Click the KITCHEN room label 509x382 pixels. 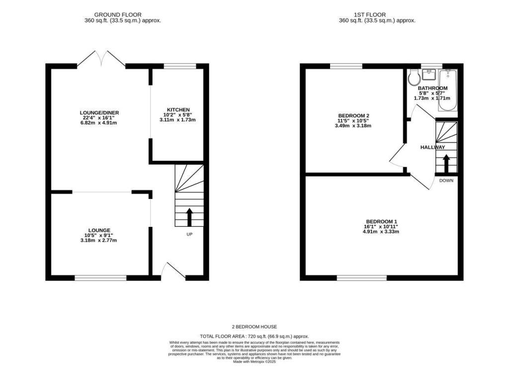[178, 109]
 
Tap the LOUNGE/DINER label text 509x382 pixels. [100, 112]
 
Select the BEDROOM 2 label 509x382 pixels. [353, 115]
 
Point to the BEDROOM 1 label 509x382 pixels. [382, 221]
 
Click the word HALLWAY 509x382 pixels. [432, 148]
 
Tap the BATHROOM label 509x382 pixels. [432, 88]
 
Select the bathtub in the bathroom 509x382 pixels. [448, 90]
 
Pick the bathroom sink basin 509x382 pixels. [428, 75]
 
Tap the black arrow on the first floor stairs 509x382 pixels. [446, 163]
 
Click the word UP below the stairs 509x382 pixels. [189, 234]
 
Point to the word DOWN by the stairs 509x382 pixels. [446, 181]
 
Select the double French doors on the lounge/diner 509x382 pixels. [101, 59]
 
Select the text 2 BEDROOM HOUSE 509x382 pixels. [254, 327]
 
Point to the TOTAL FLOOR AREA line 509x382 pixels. [254, 337]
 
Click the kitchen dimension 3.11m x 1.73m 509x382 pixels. [178, 120]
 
